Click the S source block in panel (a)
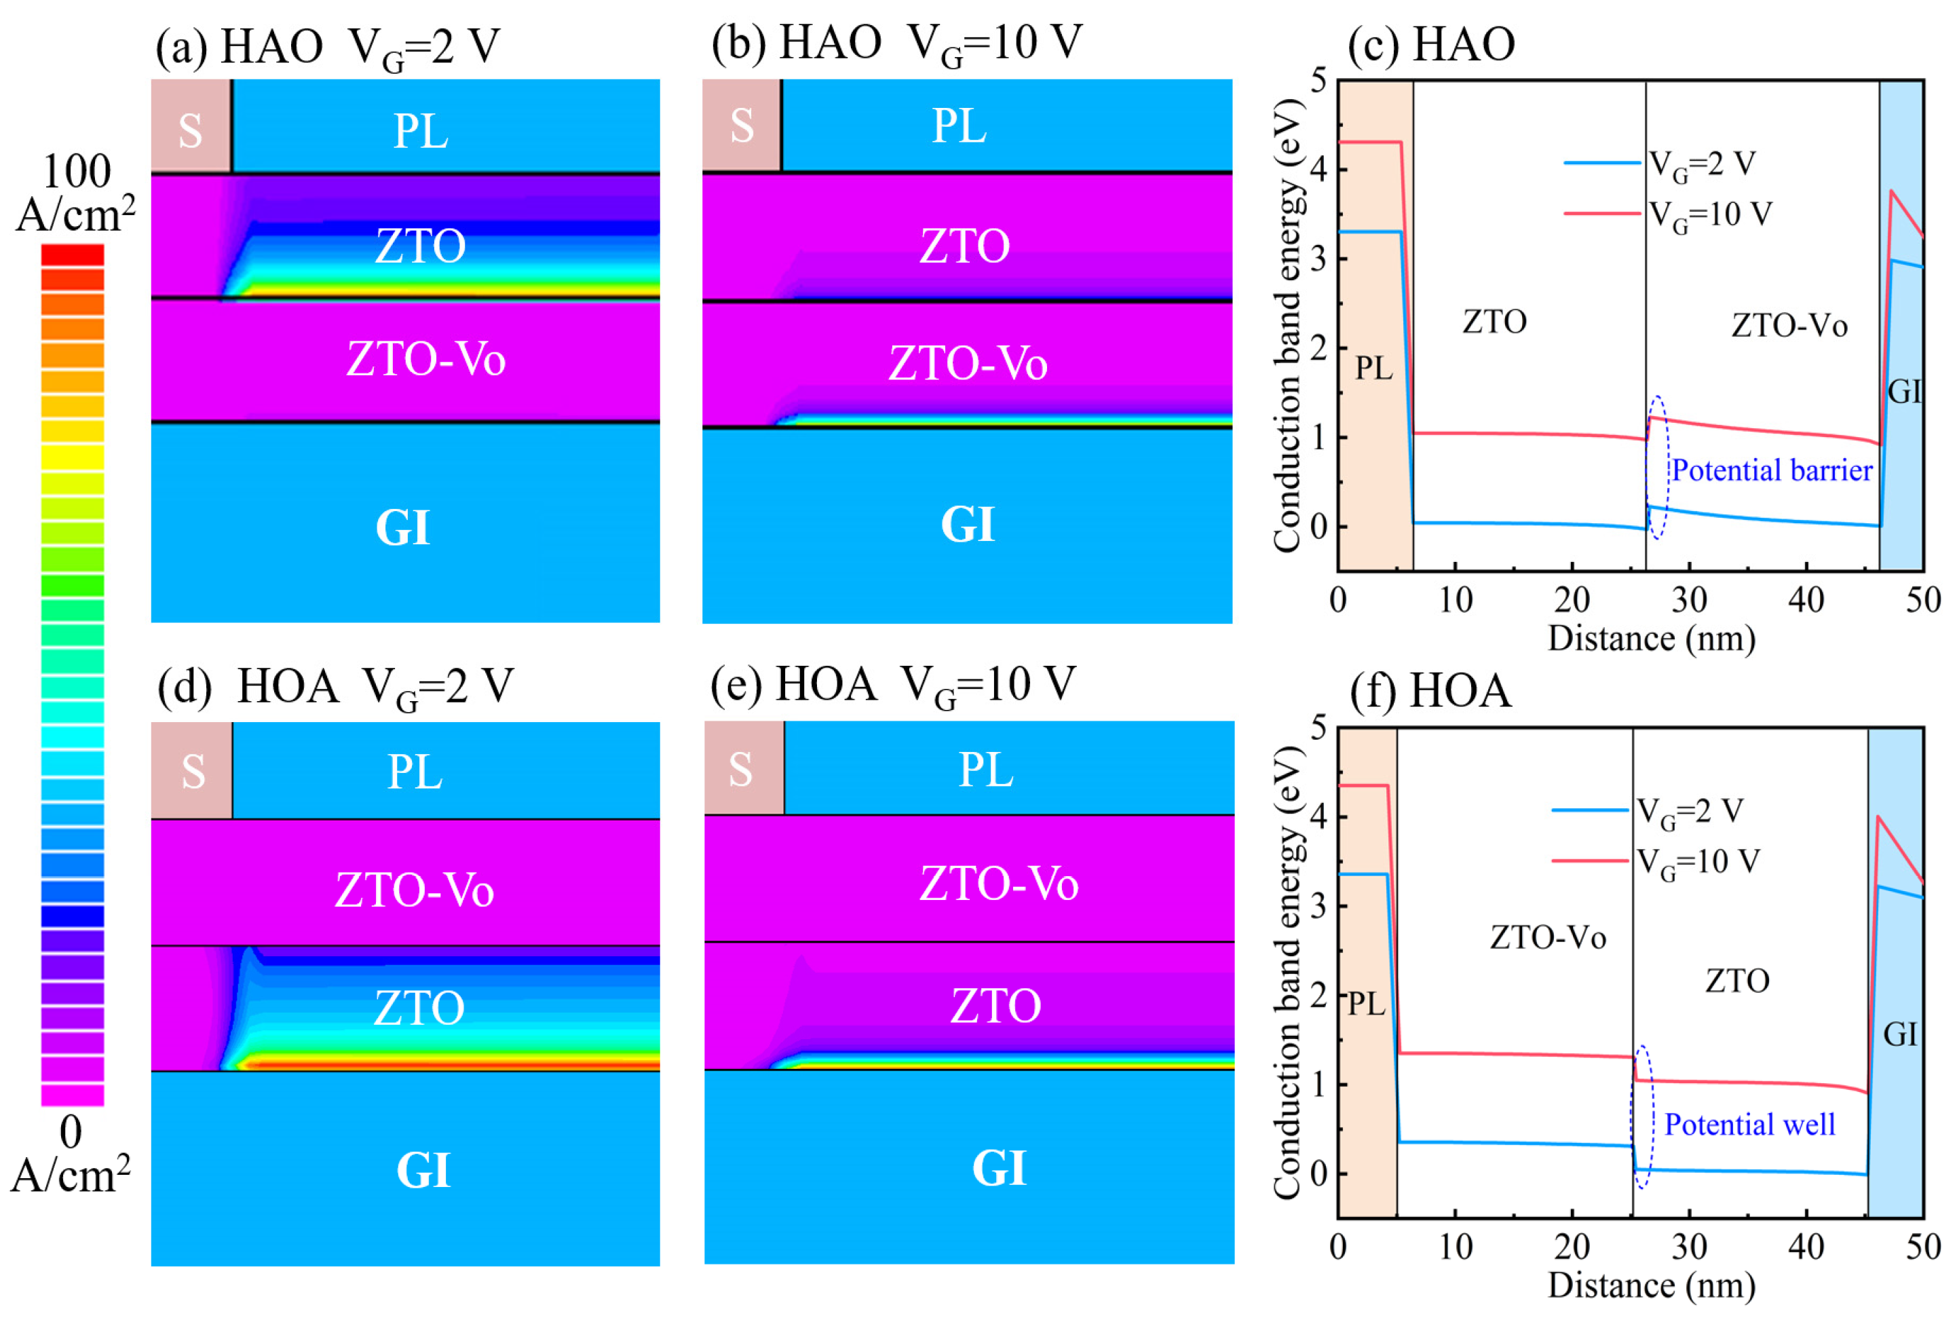click(191, 126)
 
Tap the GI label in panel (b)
click(967, 525)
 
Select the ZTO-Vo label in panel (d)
click(414, 890)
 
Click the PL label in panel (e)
click(986, 770)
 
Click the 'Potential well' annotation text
click(1749, 1125)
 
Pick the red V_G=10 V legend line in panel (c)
click(1601, 214)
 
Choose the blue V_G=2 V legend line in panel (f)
click(1590, 810)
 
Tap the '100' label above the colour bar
click(77, 172)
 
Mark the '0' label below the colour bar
click(71, 1132)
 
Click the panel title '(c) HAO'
click(1431, 45)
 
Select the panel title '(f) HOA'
click(1430, 692)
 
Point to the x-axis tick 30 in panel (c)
click(1689, 600)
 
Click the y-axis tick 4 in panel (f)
click(1318, 816)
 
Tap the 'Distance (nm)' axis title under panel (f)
click(1651, 1286)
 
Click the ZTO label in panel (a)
click(419, 246)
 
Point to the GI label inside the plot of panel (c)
click(1903, 392)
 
